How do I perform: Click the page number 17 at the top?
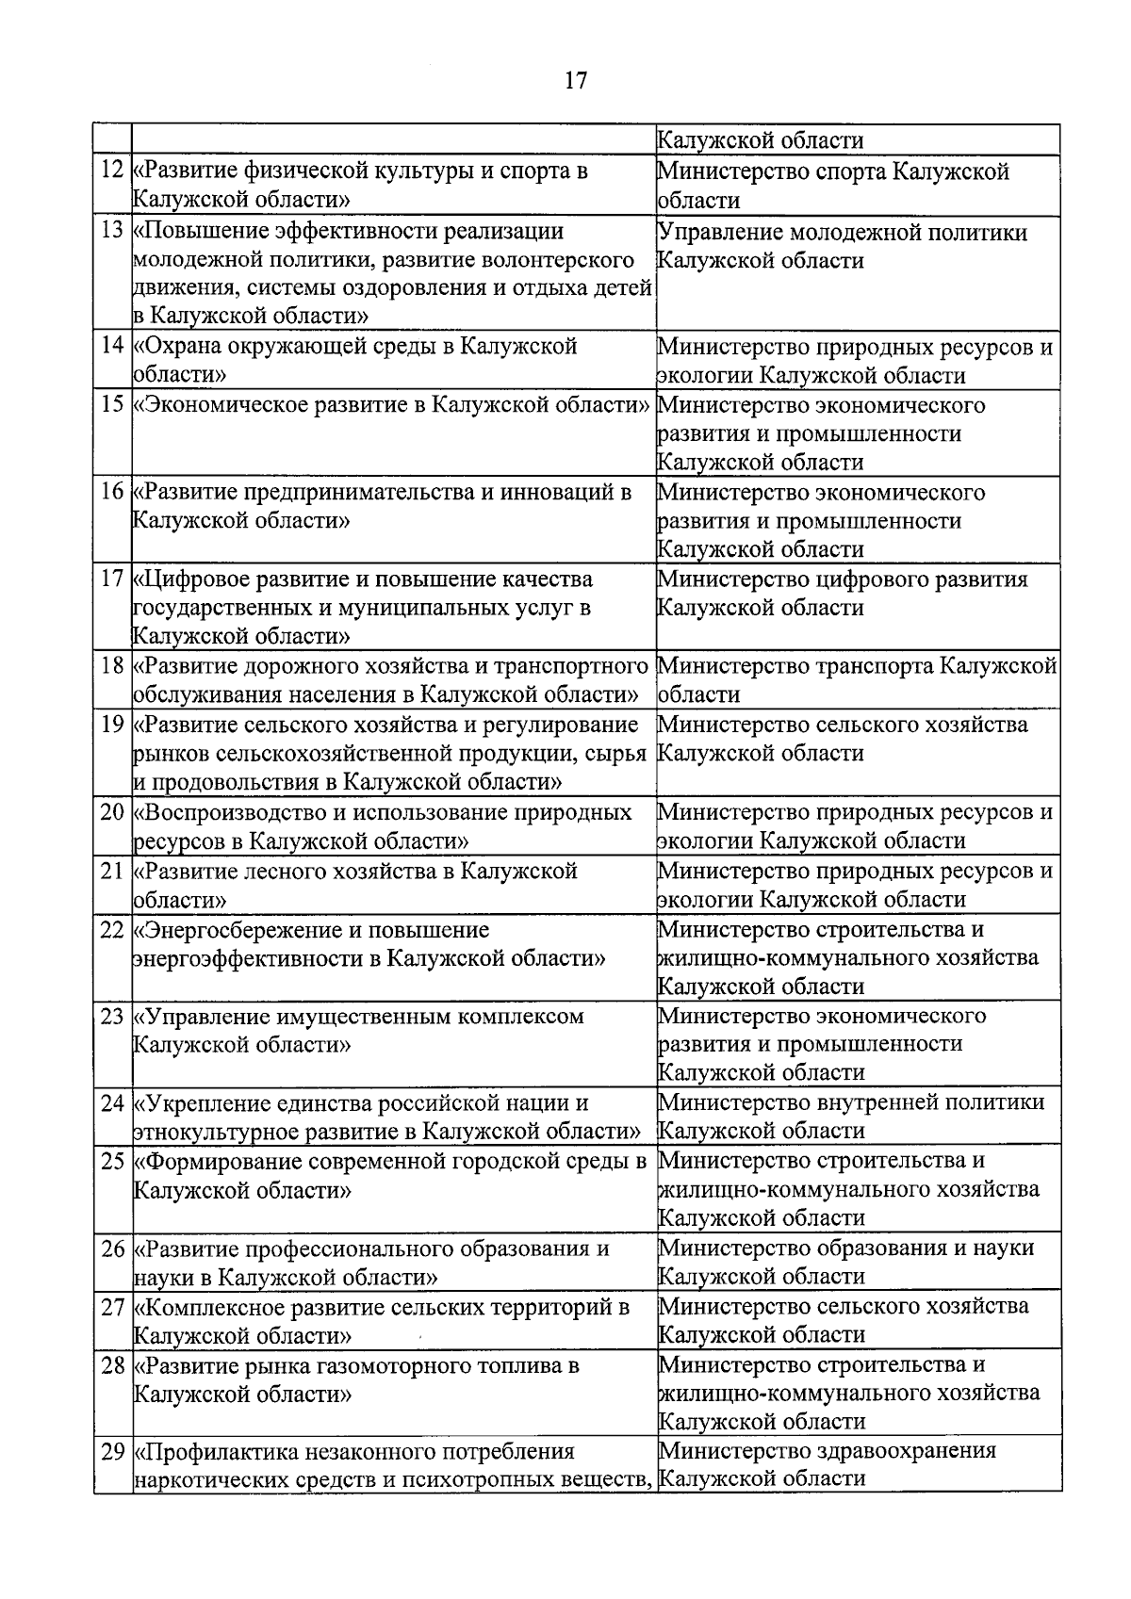(x=575, y=81)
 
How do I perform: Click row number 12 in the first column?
(x=112, y=171)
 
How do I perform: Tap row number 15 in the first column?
(x=112, y=405)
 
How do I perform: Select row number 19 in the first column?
(x=112, y=725)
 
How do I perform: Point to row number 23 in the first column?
(x=112, y=1017)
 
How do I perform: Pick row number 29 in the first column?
(x=112, y=1452)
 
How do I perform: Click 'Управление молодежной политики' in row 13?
(x=842, y=233)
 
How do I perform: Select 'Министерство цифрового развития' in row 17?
(x=842, y=579)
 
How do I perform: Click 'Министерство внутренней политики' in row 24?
(x=850, y=1102)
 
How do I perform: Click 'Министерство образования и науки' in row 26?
(x=845, y=1248)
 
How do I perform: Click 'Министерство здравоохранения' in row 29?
(x=827, y=1451)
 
